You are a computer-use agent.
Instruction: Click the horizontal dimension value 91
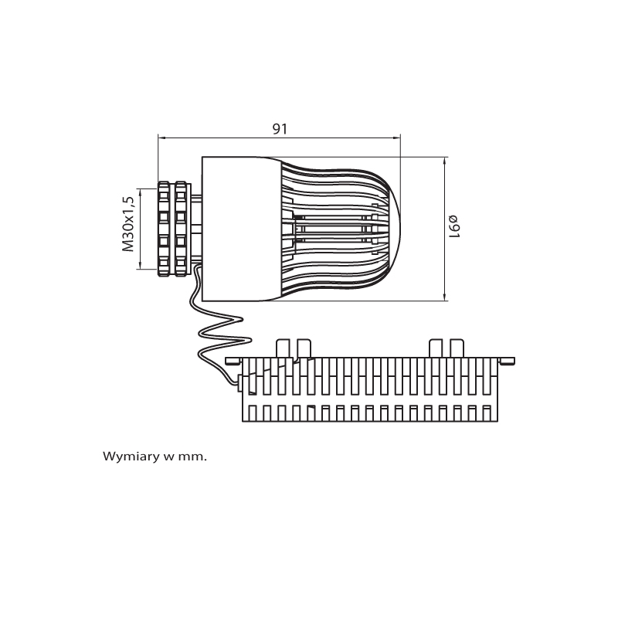coord(280,129)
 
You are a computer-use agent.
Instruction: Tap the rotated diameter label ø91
coord(453,226)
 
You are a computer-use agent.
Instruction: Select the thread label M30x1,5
coord(128,223)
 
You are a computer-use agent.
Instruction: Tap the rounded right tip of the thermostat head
coord(396,228)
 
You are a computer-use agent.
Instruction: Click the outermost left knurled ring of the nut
coord(164,229)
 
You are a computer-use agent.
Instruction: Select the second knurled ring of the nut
coord(181,229)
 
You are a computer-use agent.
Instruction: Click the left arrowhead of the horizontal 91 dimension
coord(161,138)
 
